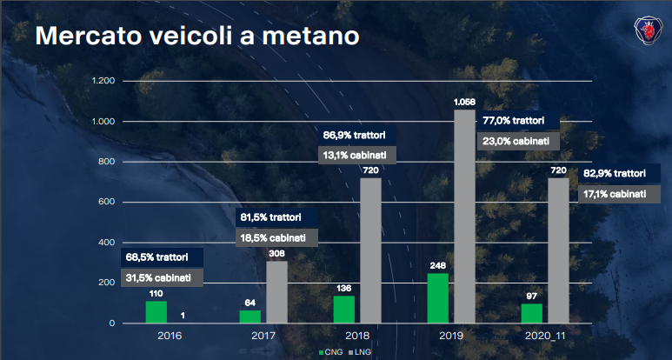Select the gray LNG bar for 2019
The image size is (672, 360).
pos(465,217)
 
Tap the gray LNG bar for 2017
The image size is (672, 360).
pos(276,292)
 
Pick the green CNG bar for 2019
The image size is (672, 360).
pos(438,298)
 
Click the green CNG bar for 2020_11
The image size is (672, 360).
pos(531,313)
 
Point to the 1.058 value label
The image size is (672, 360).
pos(465,103)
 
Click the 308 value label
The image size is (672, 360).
pos(276,254)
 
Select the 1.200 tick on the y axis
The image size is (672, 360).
pos(103,81)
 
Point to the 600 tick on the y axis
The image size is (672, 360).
pos(106,203)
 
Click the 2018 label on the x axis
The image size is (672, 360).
pos(357,335)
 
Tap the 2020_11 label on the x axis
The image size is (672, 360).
pos(545,335)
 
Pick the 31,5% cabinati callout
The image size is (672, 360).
pos(162,277)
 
